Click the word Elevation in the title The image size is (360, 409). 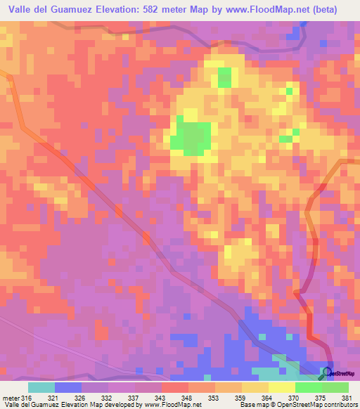click(120, 10)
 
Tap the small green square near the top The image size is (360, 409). click(224, 77)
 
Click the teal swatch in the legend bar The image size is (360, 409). click(41, 387)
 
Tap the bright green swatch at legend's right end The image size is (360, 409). click(335, 387)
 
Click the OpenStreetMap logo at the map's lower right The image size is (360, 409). click(340, 373)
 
